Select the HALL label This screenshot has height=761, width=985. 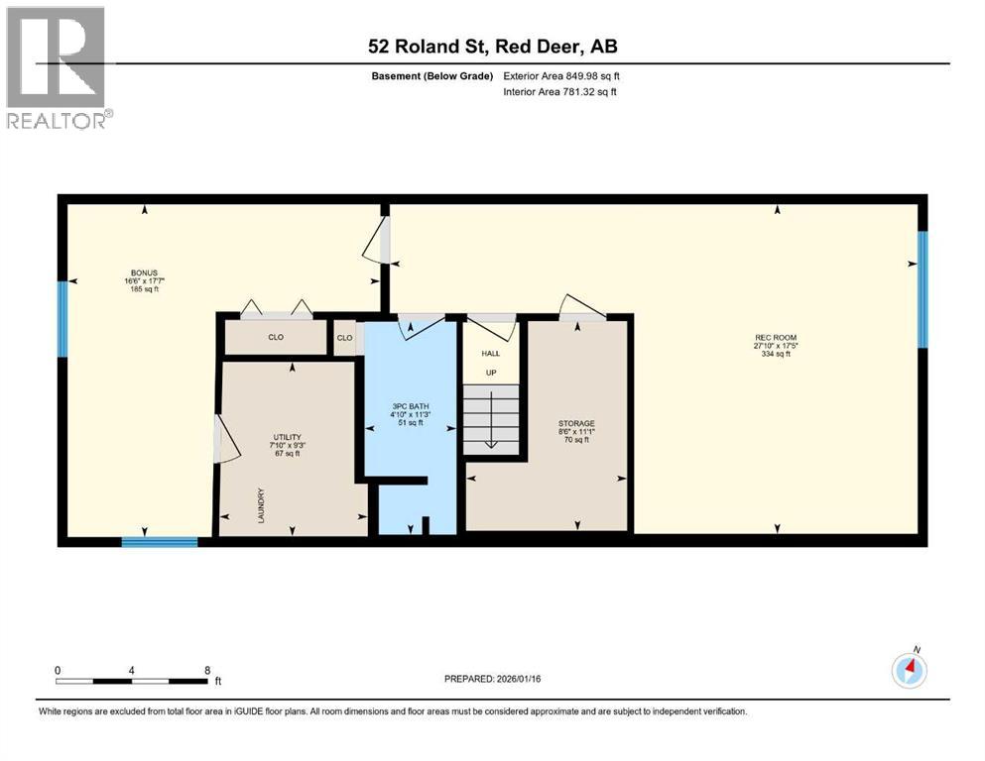tap(490, 353)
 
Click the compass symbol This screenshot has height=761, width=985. tap(909, 671)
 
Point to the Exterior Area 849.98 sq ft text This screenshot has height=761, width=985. tap(561, 75)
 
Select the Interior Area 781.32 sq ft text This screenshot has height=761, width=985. tap(559, 91)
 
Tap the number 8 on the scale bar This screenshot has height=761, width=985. tap(206, 670)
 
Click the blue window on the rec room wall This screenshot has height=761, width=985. tap(923, 289)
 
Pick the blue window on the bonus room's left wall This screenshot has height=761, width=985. tap(62, 318)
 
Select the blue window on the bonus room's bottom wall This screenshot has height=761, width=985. tap(160, 541)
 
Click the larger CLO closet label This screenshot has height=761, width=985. tap(276, 338)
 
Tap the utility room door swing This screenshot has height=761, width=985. tap(227, 438)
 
